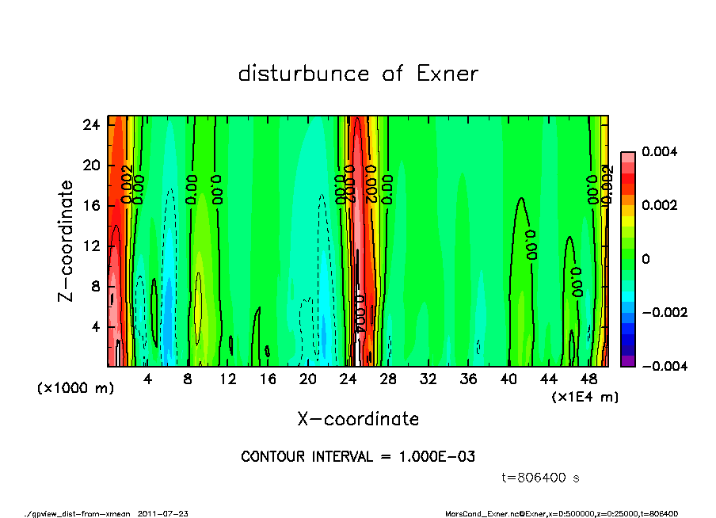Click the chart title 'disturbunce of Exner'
[x=358, y=74]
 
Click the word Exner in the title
[x=447, y=74]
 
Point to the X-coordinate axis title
[x=358, y=418]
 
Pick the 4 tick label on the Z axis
[x=95, y=326]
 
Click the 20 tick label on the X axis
[x=308, y=379]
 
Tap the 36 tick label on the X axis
[x=469, y=379]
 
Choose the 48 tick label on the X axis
[x=589, y=379]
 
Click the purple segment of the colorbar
[x=627, y=361]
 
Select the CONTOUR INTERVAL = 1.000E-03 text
[x=358, y=456]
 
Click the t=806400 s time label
[x=541, y=478]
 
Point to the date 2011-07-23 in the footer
[x=163, y=513]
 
